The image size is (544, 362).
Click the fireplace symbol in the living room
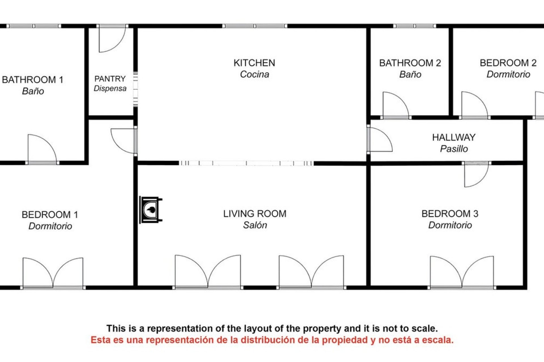(x=151, y=210)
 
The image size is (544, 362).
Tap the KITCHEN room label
(x=254, y=63)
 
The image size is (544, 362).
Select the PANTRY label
(x=110, y=79)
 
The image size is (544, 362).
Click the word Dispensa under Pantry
(x=110, y=89)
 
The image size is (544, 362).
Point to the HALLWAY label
(x=454, y=137)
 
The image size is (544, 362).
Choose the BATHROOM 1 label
(x=33, y=80)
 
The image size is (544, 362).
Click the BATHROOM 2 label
(x=410, y=63)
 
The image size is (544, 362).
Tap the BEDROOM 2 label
(x=508, y=63)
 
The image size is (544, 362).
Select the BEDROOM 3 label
(x=450, y=214)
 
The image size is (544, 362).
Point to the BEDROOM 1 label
(x=50, y=215)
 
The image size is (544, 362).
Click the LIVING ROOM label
(x=255, y=214)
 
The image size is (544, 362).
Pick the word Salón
(x=255, y=225)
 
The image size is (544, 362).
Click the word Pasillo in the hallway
(x=454, y=149)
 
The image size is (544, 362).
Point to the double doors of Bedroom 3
(x=462, y=272)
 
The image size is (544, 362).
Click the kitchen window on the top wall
(x=255, y=26)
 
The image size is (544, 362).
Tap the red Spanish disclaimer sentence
(x=272, y=340)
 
